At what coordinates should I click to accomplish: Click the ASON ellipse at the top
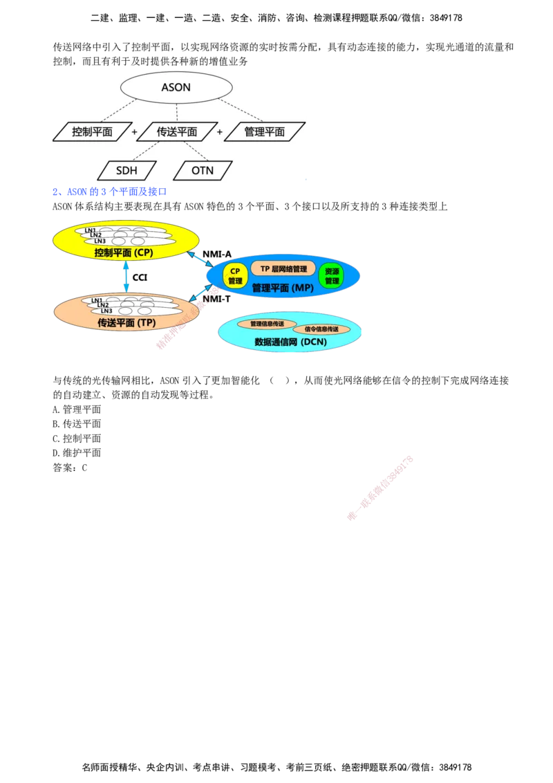pyautogui.click(x=176, y=88)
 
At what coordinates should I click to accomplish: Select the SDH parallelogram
pyautogui.click(x=127, y=170)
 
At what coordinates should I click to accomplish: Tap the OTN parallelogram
pyautogui.click(x=203, y=170)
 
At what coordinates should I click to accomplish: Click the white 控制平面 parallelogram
pyautogui.click(x=92, y=131)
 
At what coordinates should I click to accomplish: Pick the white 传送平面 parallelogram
pyautogui.click(x=177, y=131)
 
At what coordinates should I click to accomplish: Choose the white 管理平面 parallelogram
pyautogui.click(x=265, y=131)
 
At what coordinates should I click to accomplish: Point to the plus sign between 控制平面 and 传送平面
pyautogui.click(x=134, y=131)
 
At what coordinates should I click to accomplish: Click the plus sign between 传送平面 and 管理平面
pyautogui.click(x=220, y=131)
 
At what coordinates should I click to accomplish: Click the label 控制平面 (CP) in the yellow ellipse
pyautogui.click(x=124, y=253)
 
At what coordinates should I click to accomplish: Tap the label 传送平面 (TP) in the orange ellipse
pyautogui.click(x=125, y=322)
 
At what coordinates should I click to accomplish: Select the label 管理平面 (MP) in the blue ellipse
pyautogui.click(x=279, y=288)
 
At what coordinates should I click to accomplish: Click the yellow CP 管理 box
pyautogui.click(x=235, y=276)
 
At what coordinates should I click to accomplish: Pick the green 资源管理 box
pyautogui.click(x=332, y=276)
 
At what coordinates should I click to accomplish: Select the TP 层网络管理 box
pyautogui.click(x=283, y=268)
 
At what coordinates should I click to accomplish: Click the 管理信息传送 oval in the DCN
pyautogui.click(x=267, y=324)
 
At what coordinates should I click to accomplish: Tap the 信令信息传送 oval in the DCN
pyautogui.click(x=321, y=329)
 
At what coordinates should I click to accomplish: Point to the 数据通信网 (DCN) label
pyautogui.click(x=290, y=342)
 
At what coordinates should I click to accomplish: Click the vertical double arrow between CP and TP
pyautogui.click(x=126, y=277)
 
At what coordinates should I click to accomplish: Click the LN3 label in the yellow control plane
pyautogui.click(x=100, y=241)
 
